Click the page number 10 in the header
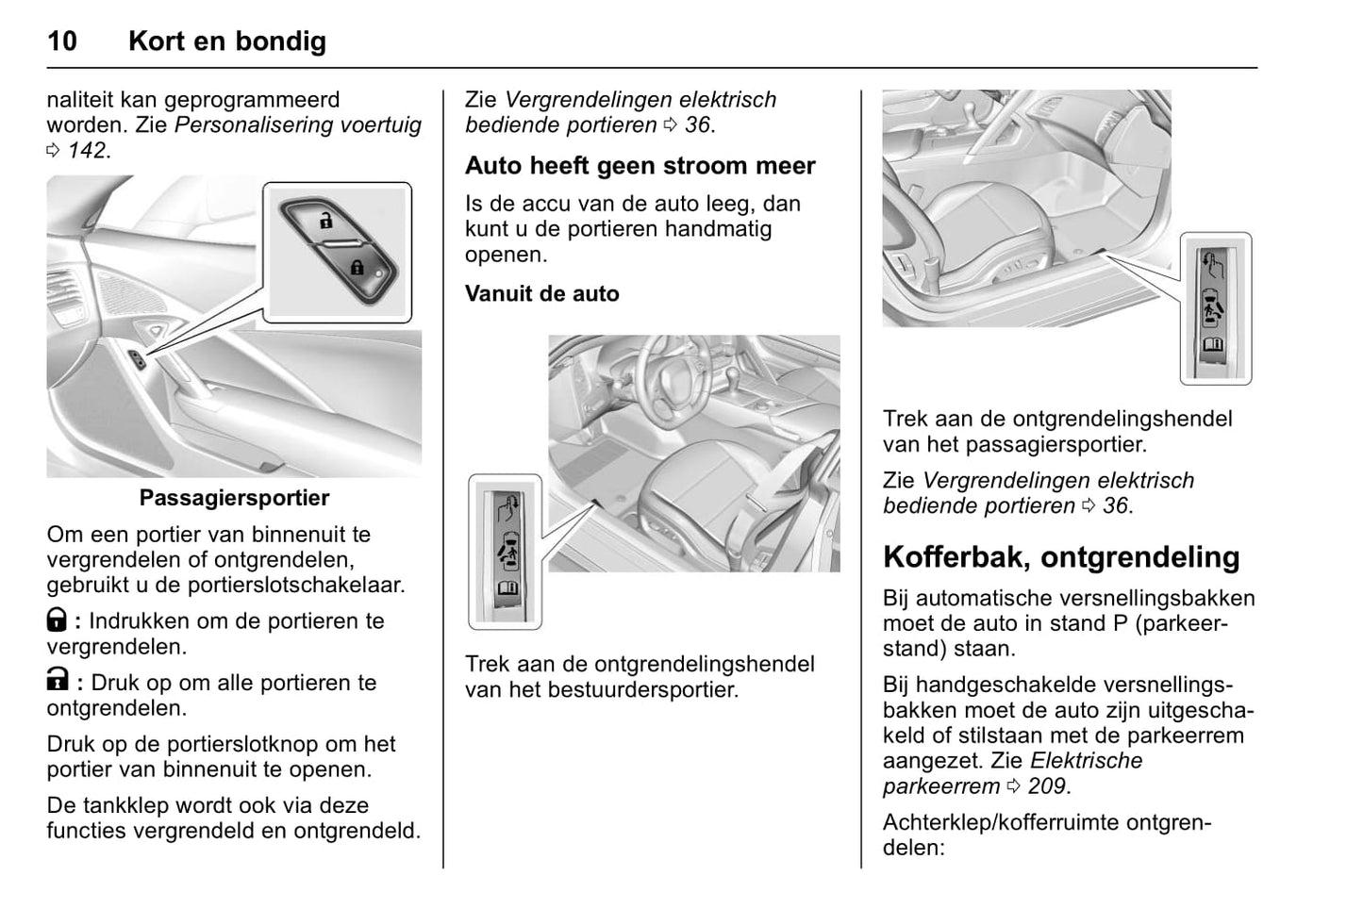point(62,41)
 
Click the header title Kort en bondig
point(227,41)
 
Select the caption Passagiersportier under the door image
point(234,498)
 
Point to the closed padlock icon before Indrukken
point(57,620)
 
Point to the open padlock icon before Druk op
point(57,680)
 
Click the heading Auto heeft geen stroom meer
point(640,166)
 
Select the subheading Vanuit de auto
point(541,293)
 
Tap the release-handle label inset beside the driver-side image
point(506,552)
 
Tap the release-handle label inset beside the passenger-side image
point(1215,308)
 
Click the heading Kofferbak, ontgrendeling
point(1061,557)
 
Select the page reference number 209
point(1046,786)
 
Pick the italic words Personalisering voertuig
point(298,124)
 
